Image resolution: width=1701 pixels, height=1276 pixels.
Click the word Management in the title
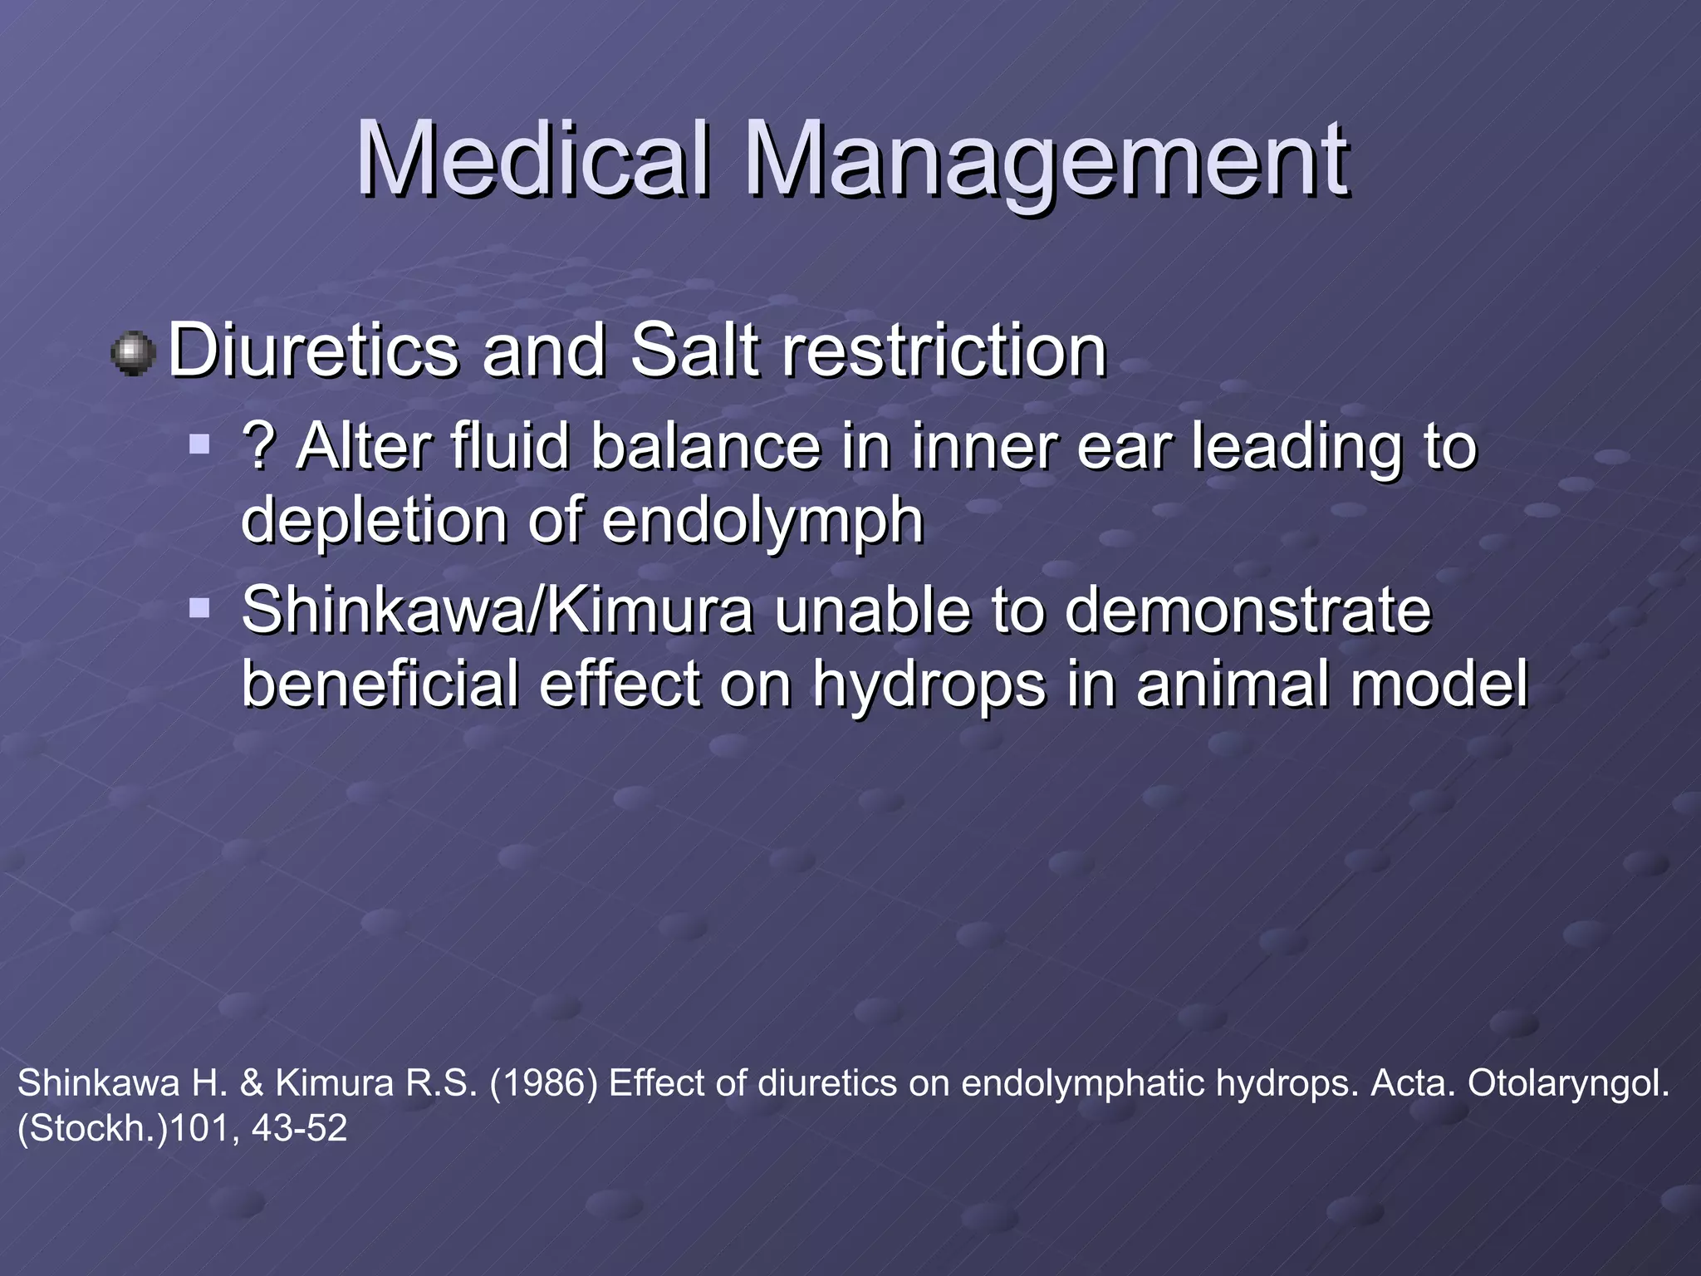click(1047, 162)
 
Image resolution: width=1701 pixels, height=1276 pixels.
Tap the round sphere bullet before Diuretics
click(133, 353)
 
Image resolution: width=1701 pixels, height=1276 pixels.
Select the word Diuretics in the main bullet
click(313, 351)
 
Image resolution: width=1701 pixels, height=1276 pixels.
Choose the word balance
click(706, 446)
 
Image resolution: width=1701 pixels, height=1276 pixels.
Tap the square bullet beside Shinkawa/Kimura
click(199, 609)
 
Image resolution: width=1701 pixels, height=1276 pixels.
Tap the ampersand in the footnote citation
click(251, 1083)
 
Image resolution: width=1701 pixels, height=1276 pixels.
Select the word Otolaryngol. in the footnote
click(1568, 1083)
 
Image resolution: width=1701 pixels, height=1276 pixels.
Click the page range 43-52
click(299, 1128)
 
